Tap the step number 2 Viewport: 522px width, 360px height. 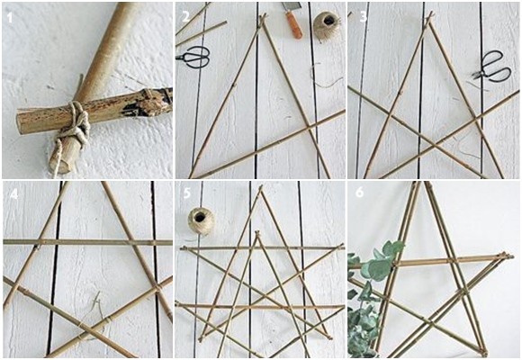(x=185, y=15)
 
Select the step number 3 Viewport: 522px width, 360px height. (x=363, y=15)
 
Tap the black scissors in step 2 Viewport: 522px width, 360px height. (x=194, y=58)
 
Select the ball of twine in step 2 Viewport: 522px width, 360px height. (x=326, y=25)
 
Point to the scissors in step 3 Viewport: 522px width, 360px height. (x=490, y=66)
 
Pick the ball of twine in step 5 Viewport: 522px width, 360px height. (x=201, y=221)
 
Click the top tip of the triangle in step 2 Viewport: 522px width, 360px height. (x=262, y=17)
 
